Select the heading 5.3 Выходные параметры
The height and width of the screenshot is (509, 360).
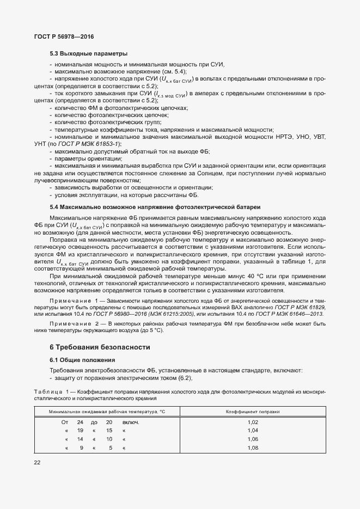point(88,54)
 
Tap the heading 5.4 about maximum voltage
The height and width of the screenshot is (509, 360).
point(155,207)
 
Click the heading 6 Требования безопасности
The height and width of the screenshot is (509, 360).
point(99,347)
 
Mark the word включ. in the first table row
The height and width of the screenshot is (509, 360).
point(131,422)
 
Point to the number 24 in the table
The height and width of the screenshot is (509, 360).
point(80,422)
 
